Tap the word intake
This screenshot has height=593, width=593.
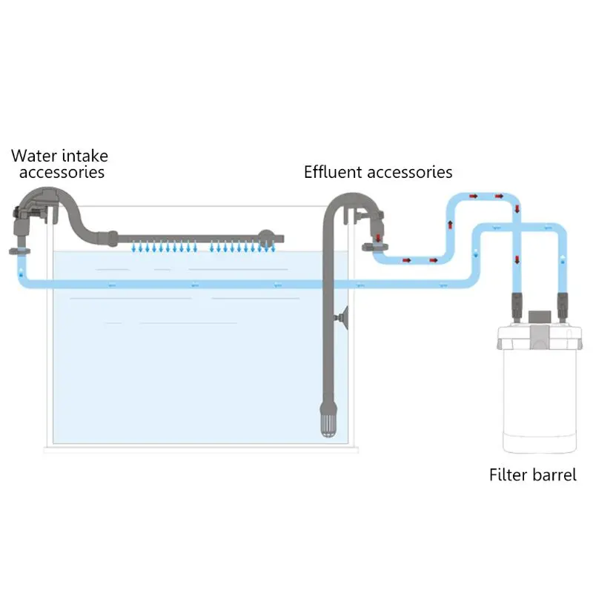click(84, 156)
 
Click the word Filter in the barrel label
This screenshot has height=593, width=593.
click(508, 474)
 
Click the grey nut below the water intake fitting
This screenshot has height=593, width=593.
click(19, 251)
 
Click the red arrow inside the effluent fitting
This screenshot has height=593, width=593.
click(379, 238)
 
